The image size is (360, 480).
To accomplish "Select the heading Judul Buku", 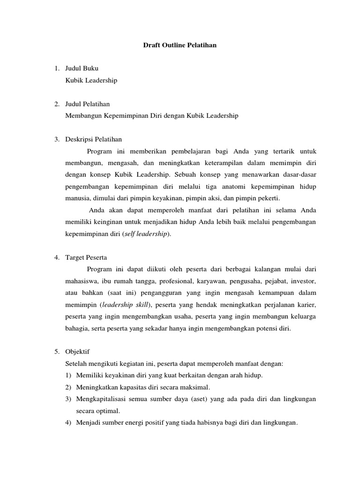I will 82,68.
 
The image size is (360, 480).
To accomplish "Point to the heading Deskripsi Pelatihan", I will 94,139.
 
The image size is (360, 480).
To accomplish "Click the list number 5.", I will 56,352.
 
